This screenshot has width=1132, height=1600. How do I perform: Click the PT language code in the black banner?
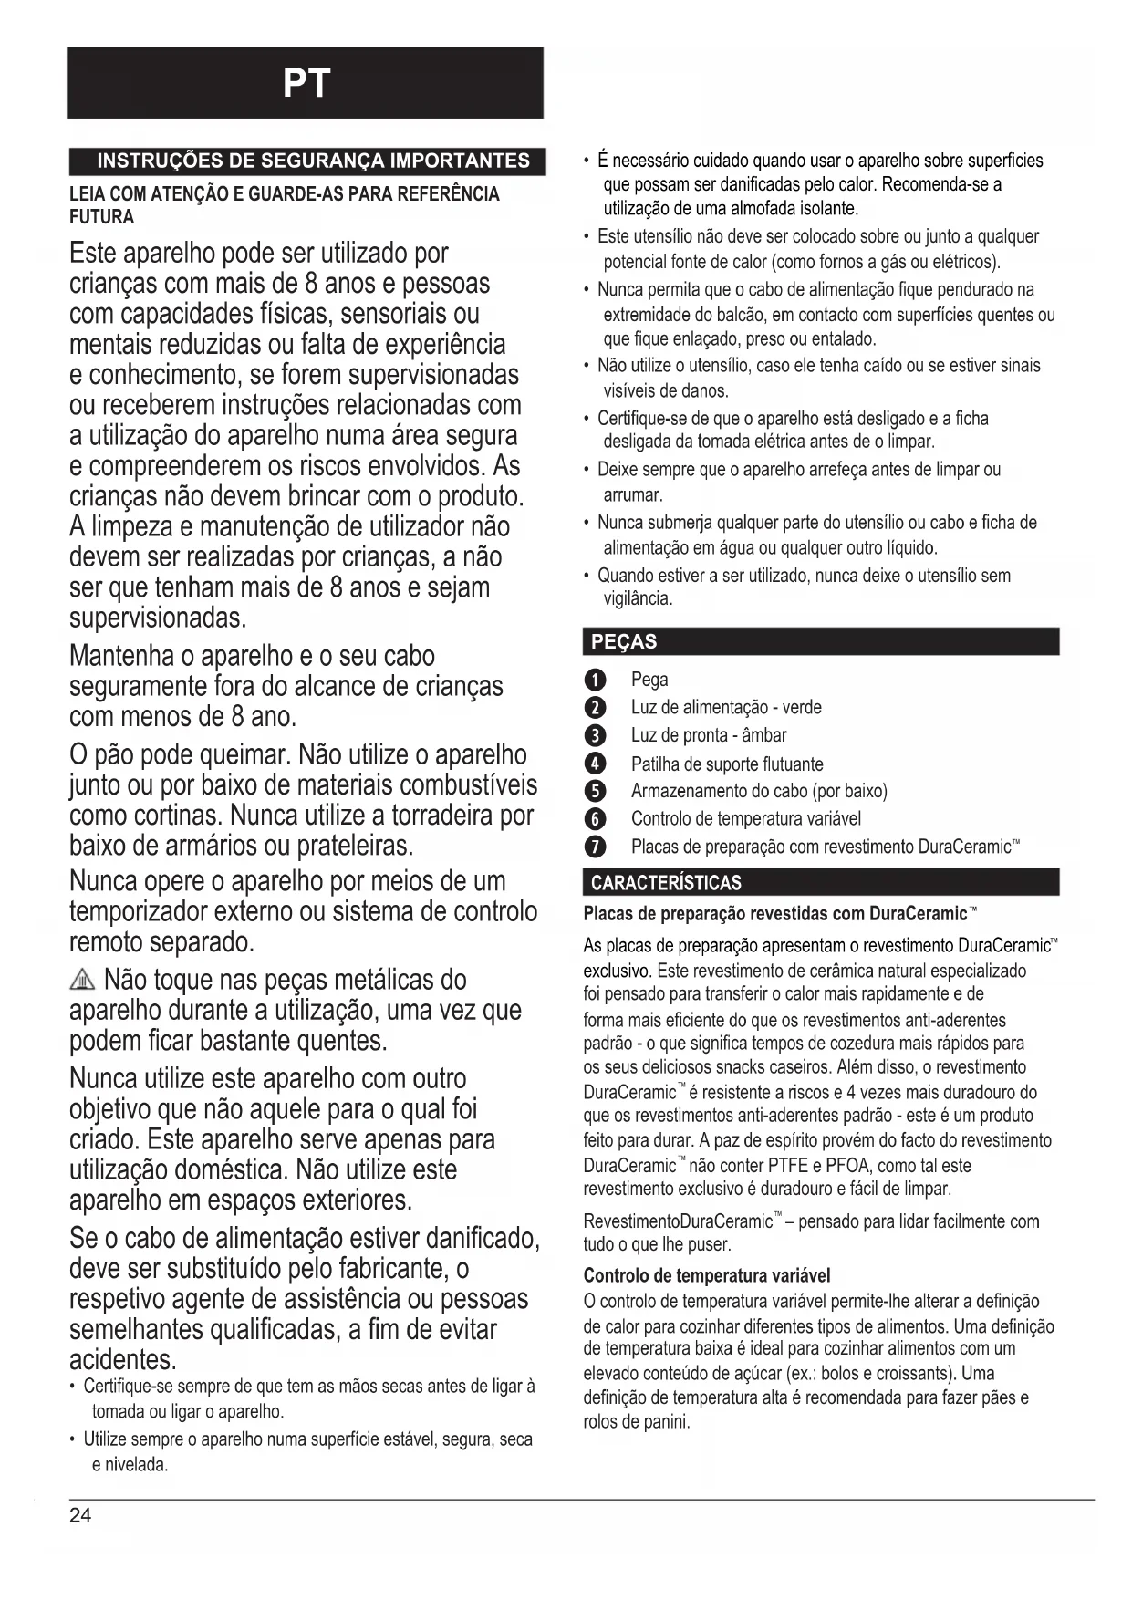tap(306, 84)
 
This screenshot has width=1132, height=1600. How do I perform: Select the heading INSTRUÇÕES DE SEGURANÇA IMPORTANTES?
tap(313, 161)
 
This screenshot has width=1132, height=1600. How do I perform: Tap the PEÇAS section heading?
tap(624, 641)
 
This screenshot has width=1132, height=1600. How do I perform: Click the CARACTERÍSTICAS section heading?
tap(666, 882)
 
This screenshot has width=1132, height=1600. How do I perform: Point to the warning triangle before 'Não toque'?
tap(82, 982)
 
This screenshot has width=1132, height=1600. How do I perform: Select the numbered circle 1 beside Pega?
tap(594, 680)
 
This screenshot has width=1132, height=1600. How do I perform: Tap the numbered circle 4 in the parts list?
tap(594, 764)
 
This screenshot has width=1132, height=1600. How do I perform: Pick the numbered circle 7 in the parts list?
tap(594, 847)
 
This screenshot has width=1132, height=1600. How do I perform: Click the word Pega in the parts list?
tap(649, 680)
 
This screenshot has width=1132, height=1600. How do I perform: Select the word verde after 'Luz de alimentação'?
tap(802, 708)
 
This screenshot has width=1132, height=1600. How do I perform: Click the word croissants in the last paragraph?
tap(912, 1373)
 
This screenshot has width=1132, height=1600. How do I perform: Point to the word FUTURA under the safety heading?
tap(102, 217)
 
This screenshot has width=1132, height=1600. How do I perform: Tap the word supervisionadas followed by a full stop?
tap(156, 618)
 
